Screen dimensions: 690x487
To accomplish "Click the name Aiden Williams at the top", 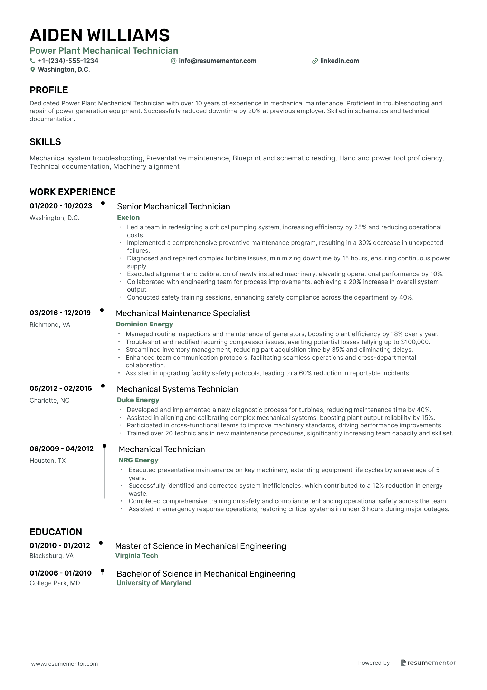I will (x=99, y=35).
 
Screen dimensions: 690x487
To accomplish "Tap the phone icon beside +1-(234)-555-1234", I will (x=32, y=61).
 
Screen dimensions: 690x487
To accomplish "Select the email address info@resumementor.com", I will (x=217, y=61).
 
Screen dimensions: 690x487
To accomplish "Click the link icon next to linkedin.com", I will (x=315, y=61).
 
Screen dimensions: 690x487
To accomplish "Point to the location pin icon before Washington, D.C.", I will (x=32, y=70).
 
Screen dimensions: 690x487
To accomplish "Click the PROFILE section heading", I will (x=49, y=90).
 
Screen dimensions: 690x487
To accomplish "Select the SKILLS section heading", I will (x=45, y=142).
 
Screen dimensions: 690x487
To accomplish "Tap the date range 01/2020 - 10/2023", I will (x=61, y=206).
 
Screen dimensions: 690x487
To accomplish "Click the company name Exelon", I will (x=128, y=217).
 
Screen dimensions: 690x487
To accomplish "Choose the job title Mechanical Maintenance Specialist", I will (x=183, y=313).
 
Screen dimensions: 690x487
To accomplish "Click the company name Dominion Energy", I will (x=144, y=324).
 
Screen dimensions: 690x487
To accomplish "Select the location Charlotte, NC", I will (x=49, y=401).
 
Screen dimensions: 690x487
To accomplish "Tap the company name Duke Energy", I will (x=138, y=400).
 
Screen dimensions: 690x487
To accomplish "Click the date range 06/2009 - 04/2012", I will (x=61, y=449).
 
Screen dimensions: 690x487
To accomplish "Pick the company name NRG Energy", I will (x=138, y=460).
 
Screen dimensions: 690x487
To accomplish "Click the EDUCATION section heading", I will (x=56, y=532).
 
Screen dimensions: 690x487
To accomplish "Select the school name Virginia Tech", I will (x=136, y=555).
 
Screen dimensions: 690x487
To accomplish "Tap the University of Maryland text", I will (x=154, y=583).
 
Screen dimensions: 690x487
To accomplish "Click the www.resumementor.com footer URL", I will (x=65, y=664).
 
